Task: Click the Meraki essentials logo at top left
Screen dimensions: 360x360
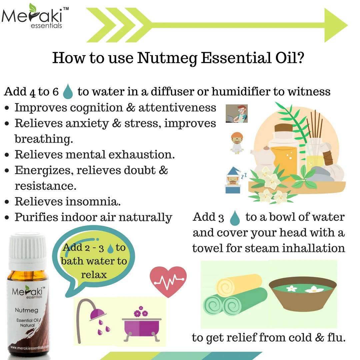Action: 35,17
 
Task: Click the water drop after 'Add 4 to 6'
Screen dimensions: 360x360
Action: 68,91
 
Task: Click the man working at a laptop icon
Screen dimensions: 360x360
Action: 236,114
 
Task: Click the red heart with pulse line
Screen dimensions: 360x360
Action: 168,282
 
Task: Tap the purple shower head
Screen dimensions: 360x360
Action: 97,313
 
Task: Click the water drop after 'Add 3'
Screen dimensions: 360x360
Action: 235,218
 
